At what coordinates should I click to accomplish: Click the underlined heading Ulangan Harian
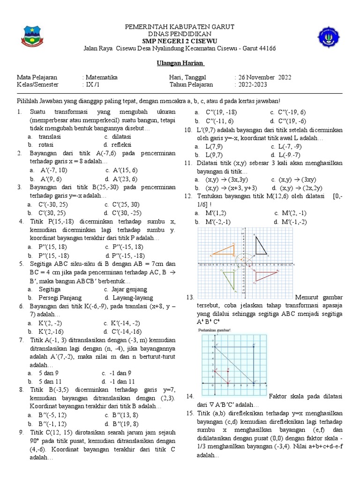(x=180, y=63)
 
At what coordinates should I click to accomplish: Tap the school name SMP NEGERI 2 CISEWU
(x=180, y=41)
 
